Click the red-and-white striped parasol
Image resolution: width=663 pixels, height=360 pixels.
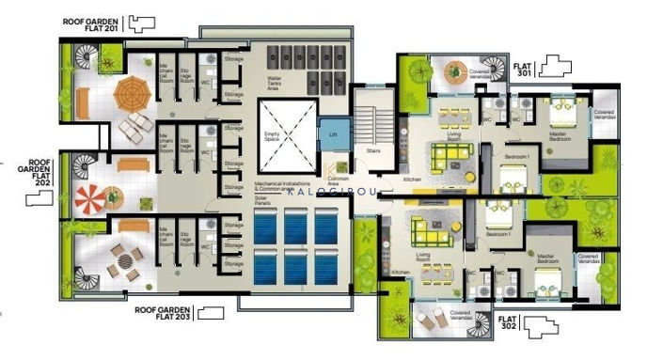pyautogui.click(x=92, y=198)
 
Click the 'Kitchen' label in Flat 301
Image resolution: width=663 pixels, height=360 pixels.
pyautogui.click(x=411, y=179)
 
